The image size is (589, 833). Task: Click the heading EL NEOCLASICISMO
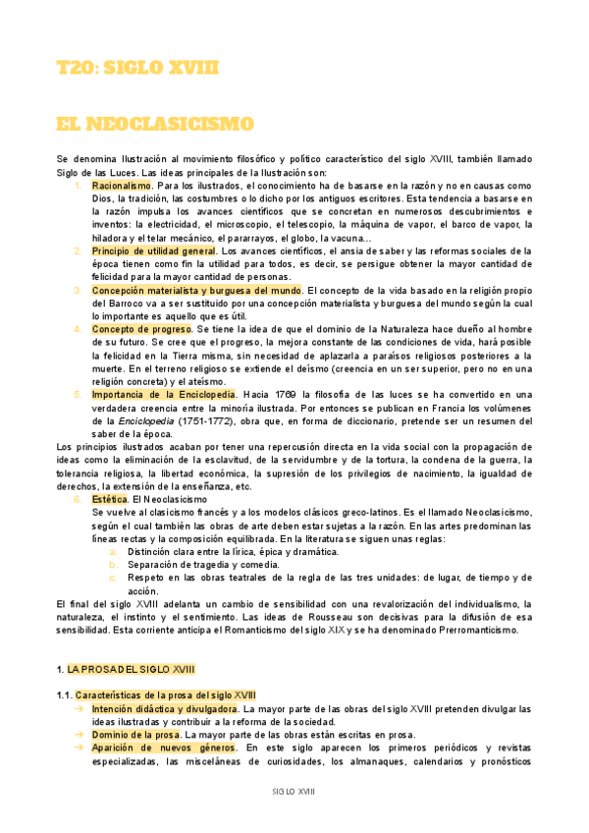155,124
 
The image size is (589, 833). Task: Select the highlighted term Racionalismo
122,185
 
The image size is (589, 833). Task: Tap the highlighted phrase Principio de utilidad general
153,250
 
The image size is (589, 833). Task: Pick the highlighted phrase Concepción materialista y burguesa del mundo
196,290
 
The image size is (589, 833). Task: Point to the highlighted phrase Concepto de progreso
141,329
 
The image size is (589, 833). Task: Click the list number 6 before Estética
78,499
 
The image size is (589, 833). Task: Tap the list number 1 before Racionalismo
78,185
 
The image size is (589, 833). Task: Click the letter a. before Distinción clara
113,552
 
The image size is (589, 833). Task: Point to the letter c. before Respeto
113,578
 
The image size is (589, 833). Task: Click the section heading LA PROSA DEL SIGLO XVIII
132,668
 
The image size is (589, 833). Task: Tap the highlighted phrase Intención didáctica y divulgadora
164,707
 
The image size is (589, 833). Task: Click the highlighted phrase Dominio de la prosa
134,734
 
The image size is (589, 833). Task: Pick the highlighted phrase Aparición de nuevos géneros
155,747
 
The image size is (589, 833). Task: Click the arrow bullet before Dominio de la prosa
78,734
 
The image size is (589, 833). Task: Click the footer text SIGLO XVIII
294,791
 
